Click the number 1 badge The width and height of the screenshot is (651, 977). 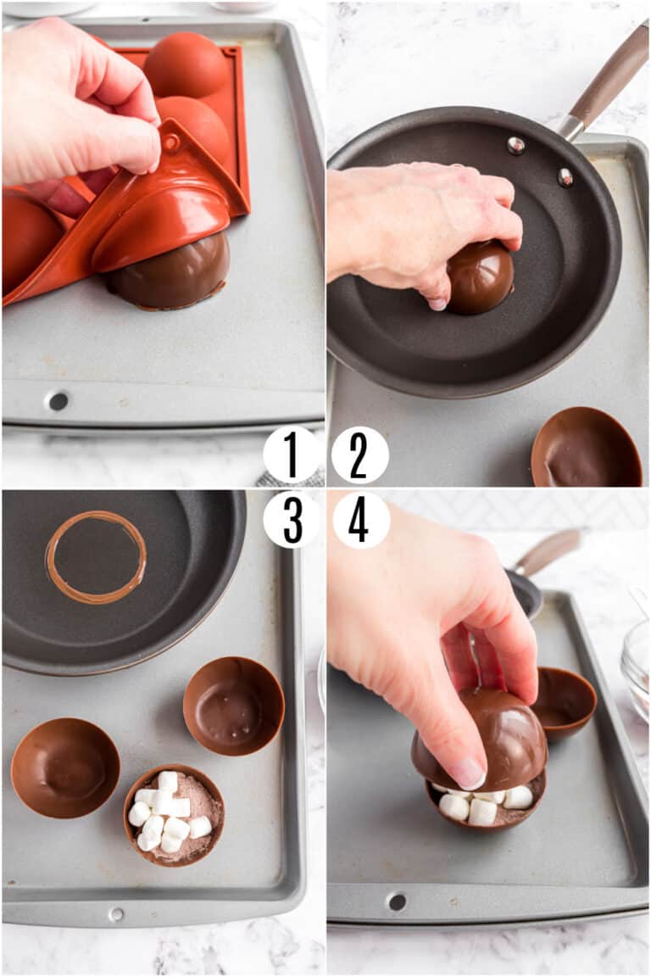click(x=291, y=455)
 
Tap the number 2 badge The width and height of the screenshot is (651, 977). click(x=359, y=455)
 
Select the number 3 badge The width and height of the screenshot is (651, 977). click(x=292, y=519)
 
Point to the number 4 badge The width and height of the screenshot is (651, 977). click(x=360, y=519)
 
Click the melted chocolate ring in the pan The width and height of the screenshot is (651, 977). click(x=95, y=557)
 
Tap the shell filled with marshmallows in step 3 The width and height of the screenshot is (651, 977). click(x=174, y=814)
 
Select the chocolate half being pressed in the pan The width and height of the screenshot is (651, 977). click(x=481, y=277)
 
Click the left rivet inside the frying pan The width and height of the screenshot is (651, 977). click(x=515, y=145)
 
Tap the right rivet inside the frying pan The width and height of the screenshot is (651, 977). click(x=565, y=176)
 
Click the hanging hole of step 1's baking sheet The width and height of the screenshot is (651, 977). click(x=58, y=401)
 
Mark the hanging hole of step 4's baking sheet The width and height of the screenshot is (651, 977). click(x=396, y=902)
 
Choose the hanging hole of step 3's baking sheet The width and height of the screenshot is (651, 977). click(x=116, y=914)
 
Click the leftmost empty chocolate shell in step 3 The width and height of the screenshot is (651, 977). click(x=65, y=768)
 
